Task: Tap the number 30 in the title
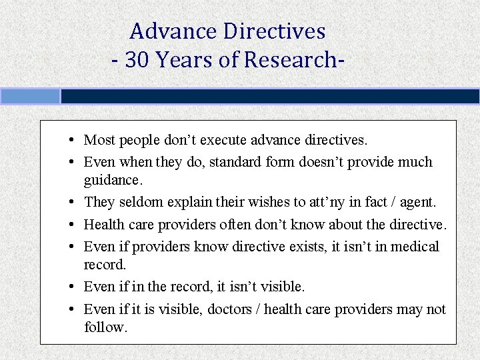136,60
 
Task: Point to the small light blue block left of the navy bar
30,97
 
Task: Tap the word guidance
113,181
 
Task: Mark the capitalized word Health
103,225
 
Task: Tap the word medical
415,247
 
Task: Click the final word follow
105,327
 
